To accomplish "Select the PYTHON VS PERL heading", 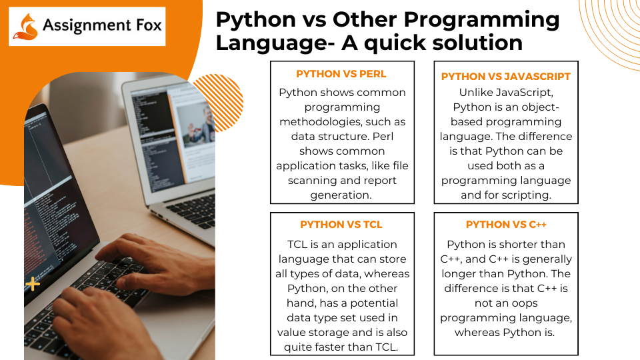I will coord(341,74).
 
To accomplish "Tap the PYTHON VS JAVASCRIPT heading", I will coord(506,77).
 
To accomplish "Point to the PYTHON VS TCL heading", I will coord(341,225).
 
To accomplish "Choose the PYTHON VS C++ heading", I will coord(506,225).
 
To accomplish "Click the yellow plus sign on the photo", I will coord(33,285).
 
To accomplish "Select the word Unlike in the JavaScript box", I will coord(477,93).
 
